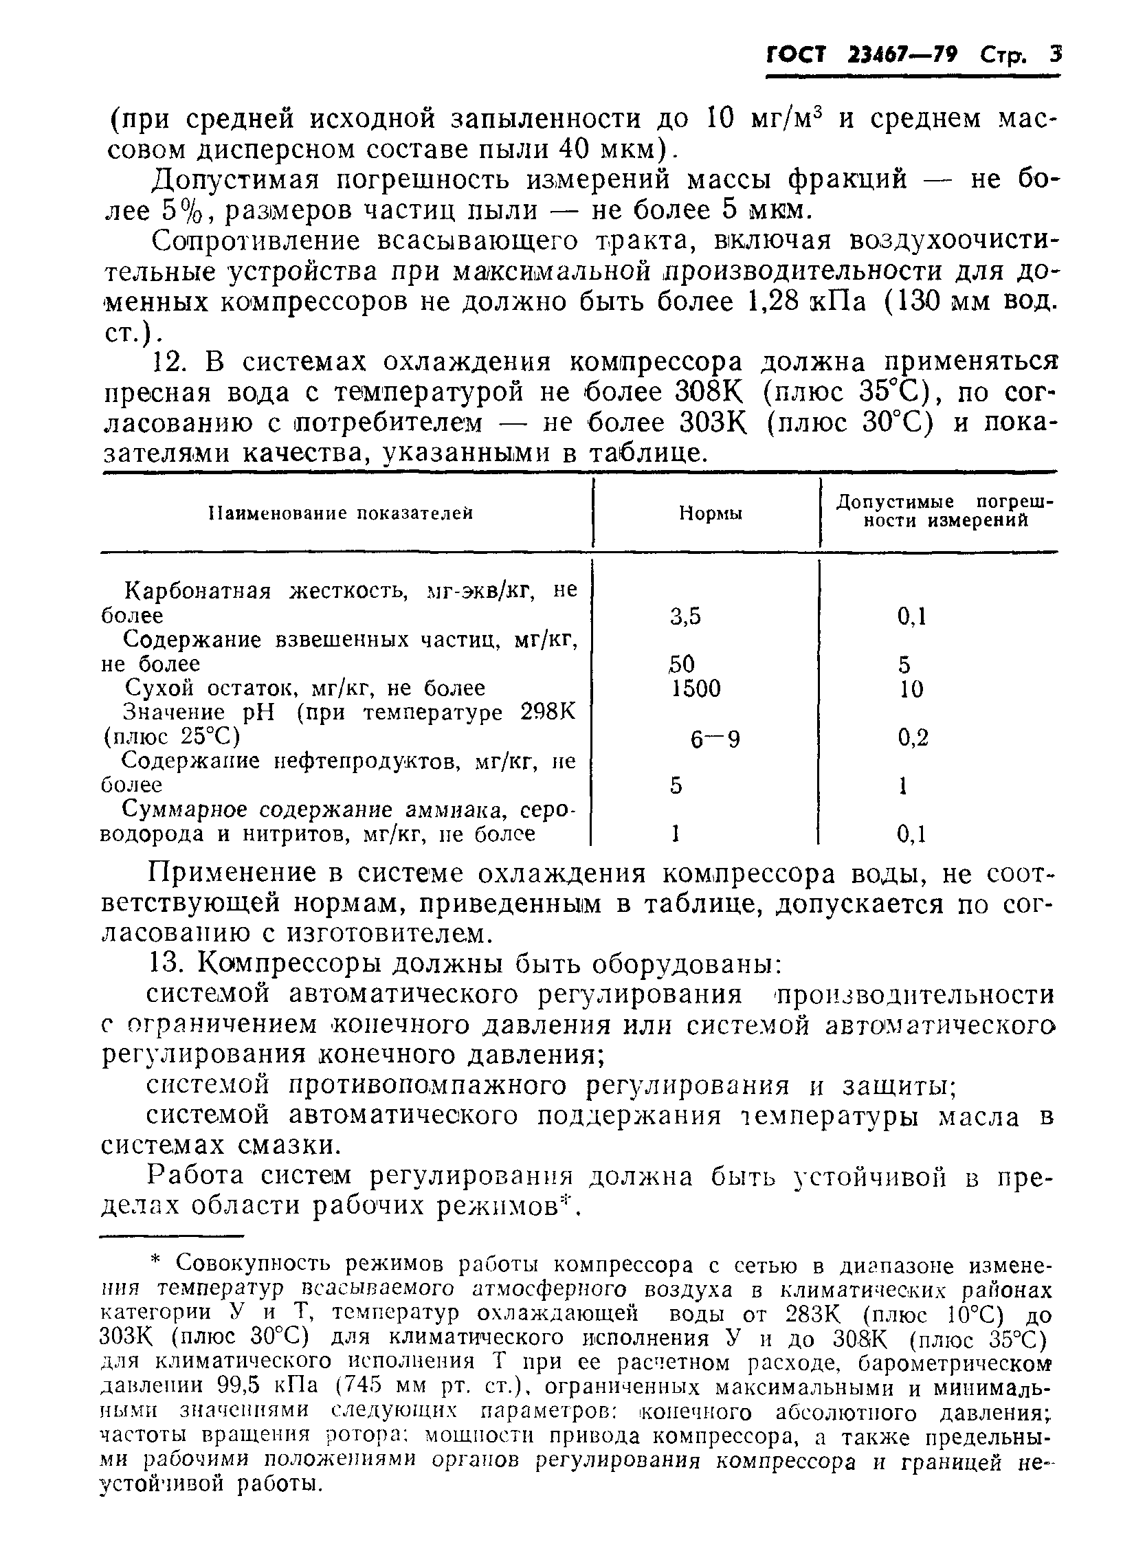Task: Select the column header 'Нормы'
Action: coord(711,514)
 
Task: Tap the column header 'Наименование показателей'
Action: coord(340,513)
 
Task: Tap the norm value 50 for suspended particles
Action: coord(681,664)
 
